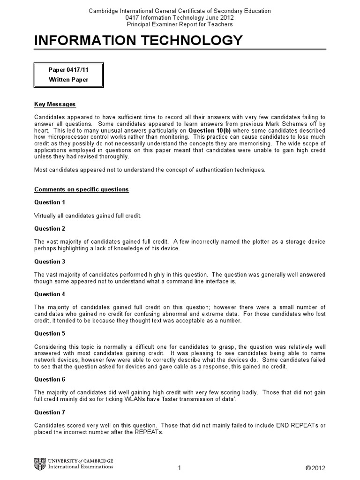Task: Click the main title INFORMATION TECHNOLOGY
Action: (x=139, y=41)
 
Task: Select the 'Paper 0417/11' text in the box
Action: (x=68, y=70)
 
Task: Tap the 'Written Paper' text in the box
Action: (x=68, y=80)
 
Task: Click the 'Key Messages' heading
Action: (x=55, y=104)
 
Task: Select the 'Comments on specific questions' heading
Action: (x=82, y=189)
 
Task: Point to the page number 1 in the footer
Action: (x=180, y=468)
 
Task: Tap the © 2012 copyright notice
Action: (x=315, y=468)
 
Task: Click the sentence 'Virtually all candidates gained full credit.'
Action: (x=88, y=215)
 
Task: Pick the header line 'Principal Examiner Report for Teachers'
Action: (x=180, y=24)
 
